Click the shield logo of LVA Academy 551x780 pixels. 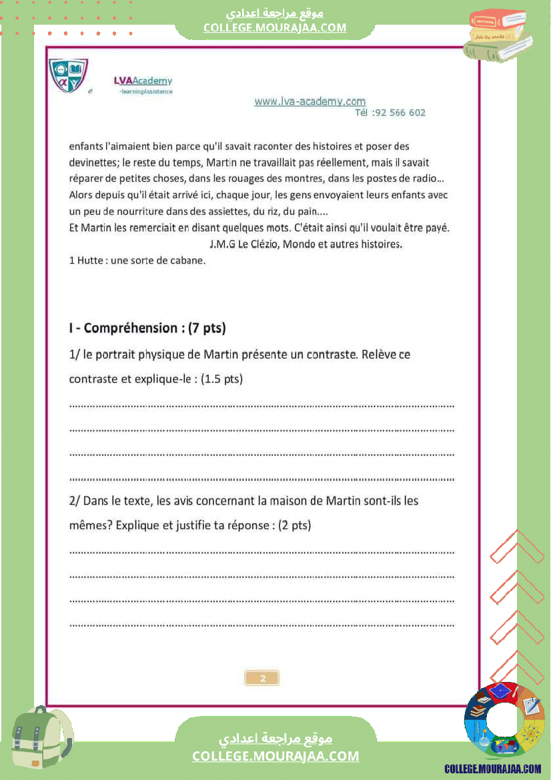click(x=69, y=75)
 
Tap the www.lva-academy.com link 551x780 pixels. click(x=310, y=101)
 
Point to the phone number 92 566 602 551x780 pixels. click(x=399, y=113)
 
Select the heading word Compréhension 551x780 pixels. click(x=131, y=328)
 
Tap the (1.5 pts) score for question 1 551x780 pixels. click(x=221, y=379)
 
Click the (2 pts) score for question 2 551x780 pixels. click(x=294, y=525)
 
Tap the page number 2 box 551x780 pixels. click(x=262, y=678)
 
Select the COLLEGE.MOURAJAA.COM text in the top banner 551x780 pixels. click(x=275, y=27)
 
